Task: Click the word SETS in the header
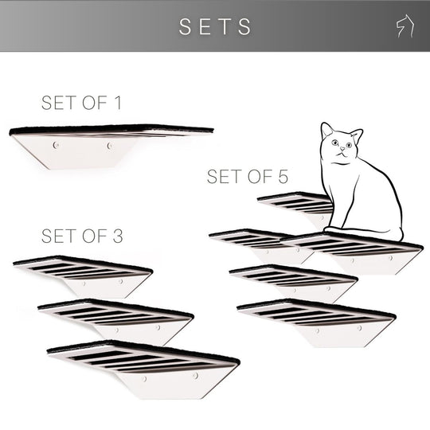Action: coord(215,26)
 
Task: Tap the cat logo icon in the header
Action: coord(404,26)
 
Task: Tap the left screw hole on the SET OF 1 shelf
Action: coord(56,146)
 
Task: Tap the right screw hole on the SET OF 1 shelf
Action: coord(110,146)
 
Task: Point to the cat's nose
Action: coord(340,152)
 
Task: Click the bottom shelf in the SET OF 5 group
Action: coord(319,319)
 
